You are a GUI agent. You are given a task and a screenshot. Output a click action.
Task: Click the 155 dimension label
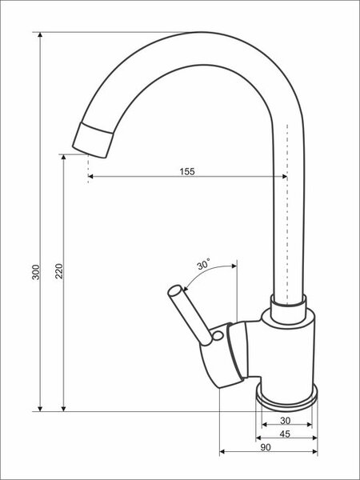point(187,171)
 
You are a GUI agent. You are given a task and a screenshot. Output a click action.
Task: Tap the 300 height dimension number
point(36,272)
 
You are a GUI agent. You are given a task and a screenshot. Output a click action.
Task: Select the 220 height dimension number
point(59,271)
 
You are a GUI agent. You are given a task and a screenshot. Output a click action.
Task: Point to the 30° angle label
point(203,264)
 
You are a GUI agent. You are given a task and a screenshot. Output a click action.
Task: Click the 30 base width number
point(285,421)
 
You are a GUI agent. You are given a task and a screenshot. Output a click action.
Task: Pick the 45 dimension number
point(285,434)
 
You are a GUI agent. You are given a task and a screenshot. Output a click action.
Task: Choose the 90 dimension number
point(266,447)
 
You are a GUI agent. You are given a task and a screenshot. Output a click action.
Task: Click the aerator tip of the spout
point(93,140)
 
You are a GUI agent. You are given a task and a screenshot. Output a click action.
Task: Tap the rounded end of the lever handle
point(174,290)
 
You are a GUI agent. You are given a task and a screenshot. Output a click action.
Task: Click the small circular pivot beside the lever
point(218,336)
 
